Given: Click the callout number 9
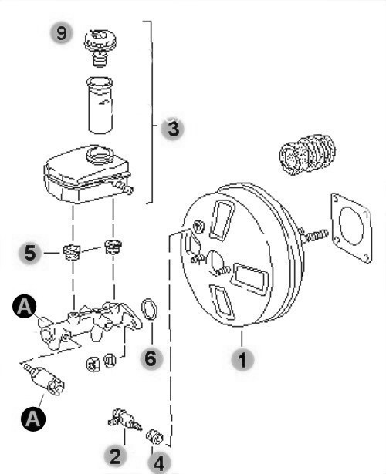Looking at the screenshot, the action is pyautogui.click(x=62, y=32).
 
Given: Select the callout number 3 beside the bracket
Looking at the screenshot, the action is pyautogui.click(x=173, y=129).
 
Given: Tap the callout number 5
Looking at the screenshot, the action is pyautogui.click(x=30, y=253).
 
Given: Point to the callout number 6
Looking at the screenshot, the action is pyautogui.click(x=151, y=358).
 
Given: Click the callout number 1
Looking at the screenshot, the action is pyautogui.click(x=242, y=359).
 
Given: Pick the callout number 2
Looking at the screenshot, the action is pyautogui.click(x=115, y=456).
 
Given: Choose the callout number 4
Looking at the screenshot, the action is pyautogui.click(x=159, y=463).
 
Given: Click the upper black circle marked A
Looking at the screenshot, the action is pyautogui.click(x=25, y=307).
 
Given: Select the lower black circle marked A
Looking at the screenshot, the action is pyautogui.click(x=33, y=419).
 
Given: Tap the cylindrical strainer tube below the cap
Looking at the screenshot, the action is pyautogui.click(x=100, y=105).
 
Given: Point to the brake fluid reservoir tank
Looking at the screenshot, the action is pyautogui.click(x=88, y=174).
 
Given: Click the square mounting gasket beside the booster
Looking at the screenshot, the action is pyautogui.click(x=351, y=228).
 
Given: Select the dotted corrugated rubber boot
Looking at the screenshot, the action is pyautogui.click(x=307, y=155).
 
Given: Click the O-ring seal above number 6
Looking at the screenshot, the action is pyautogui.click(x=149, y=309).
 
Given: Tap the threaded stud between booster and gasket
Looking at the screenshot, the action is pyautogui.click(x=315, y=236).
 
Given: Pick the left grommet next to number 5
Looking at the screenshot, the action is pyautogui.click(x=72, y=252).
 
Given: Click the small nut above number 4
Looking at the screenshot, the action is pyautogui.click(x=154, y=437).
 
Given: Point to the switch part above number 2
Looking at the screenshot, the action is pyautogui.click(x=125, y=419).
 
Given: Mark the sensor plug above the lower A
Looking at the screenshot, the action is pyautogui.click(x=46, y=379).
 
